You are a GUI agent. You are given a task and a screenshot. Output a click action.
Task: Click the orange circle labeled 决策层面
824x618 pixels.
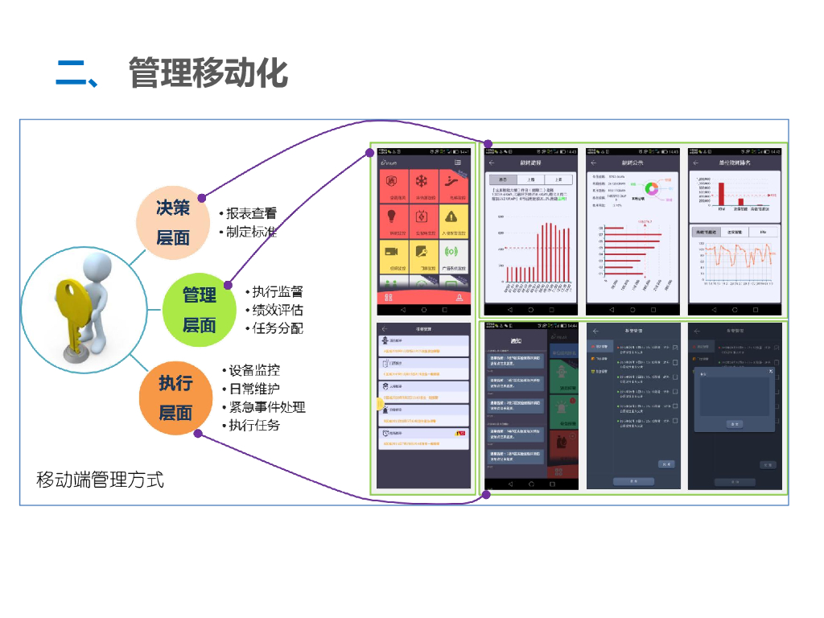(x=173, y=222)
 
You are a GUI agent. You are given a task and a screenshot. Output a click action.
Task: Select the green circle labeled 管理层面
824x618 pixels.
(x=200, y=310)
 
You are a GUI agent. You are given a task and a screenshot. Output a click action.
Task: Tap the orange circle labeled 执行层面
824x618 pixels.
(x=175, y=398)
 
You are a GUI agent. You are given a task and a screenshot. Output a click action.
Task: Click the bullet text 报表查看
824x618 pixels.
(x=251, y=213)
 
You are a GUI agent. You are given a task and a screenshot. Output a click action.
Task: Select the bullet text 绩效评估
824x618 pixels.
(x=278, y=310)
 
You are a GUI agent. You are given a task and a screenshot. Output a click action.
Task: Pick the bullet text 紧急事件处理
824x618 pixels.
(x=267, y=407)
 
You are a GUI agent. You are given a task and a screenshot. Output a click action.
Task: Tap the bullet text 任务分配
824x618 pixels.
(x=278, y=328)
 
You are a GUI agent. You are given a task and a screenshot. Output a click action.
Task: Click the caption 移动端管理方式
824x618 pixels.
(x=101, y=480)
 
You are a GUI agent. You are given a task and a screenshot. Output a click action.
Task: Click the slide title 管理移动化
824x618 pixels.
(x=208, y=73)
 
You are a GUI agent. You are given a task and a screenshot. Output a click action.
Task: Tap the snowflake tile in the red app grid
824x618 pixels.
(x=423, y=185)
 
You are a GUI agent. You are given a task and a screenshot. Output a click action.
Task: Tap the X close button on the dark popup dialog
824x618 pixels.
(x=770, y=371)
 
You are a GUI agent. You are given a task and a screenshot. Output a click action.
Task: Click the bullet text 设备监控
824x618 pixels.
(x=254, y=371)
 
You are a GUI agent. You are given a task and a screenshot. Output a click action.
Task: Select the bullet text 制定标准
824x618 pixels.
(x=251, y=232)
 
